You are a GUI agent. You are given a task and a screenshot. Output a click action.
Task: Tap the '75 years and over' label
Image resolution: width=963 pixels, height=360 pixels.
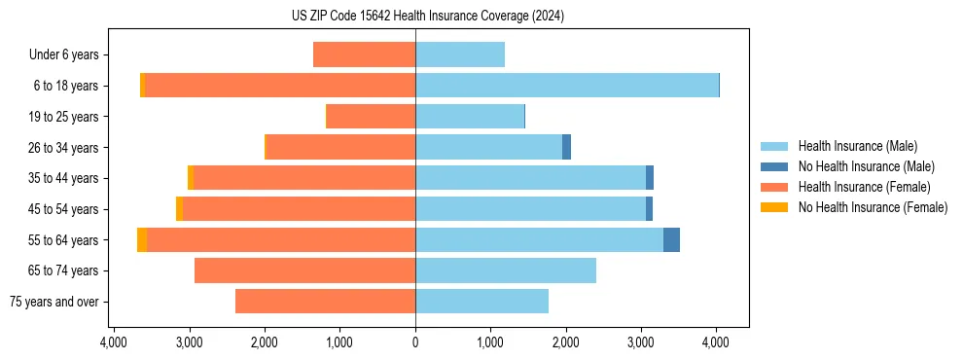coord(54,302)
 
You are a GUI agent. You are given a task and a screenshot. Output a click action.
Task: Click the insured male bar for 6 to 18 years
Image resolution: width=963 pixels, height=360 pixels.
coord(566,86)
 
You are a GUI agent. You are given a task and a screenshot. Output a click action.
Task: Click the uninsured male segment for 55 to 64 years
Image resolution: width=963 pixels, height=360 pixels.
coord(671,239)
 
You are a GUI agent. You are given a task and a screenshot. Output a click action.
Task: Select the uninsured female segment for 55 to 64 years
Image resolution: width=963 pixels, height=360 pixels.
coord(142,239)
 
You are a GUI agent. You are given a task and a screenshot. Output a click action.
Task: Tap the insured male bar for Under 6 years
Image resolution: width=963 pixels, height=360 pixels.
coord(460,55)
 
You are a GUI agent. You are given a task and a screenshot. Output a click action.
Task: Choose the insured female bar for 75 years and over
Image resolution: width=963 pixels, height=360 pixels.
coord(325,302)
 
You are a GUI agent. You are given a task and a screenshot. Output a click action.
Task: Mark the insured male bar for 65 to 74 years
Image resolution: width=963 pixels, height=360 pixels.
coord(505,270)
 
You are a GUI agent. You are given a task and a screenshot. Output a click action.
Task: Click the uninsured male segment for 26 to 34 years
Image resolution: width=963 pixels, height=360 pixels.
coord(566,147)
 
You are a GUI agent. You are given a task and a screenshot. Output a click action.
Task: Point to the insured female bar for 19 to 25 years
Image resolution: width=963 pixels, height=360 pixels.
coord(371,117)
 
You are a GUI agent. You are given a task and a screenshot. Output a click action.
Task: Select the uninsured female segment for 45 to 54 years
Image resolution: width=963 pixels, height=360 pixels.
coord(179,209)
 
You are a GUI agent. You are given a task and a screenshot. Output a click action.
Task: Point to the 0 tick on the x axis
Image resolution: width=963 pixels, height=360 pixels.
coord(415,343)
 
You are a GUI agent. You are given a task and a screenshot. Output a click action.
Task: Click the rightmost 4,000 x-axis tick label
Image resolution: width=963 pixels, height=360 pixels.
coord(716,343)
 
